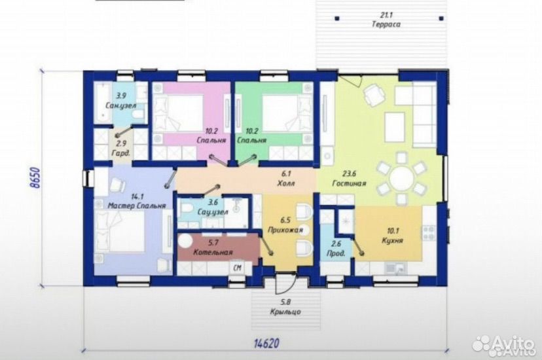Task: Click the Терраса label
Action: point(386,24)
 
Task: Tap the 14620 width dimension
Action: point(266,344)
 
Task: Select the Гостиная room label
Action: point(349,183)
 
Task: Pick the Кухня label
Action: point(392,240)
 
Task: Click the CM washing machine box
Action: point(237,268)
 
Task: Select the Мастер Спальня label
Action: point(137,206)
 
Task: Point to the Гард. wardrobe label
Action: point(121,153)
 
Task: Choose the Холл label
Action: point(286,183)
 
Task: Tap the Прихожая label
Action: point(285,230)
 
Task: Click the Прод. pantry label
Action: point(336,253)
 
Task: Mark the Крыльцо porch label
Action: point(285,312)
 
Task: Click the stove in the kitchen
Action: point(429,232)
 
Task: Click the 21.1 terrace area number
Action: point(386,15)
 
